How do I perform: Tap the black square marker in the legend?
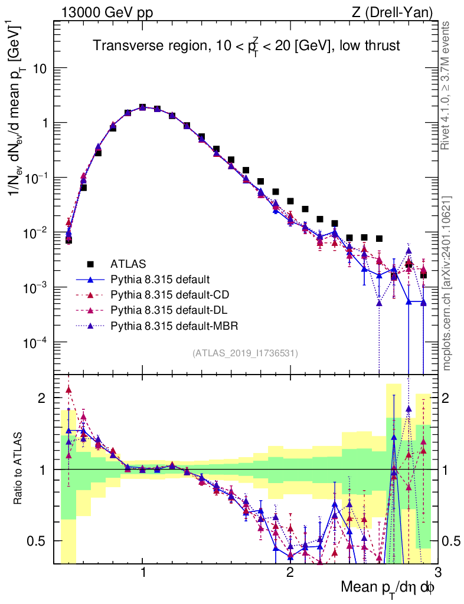(x=91, y=263)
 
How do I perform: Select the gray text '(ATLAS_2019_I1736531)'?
(x=245, y=353)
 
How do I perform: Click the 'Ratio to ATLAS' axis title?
(x=18, y=469)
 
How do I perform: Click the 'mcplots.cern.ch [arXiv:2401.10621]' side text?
(x=447, y=283)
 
